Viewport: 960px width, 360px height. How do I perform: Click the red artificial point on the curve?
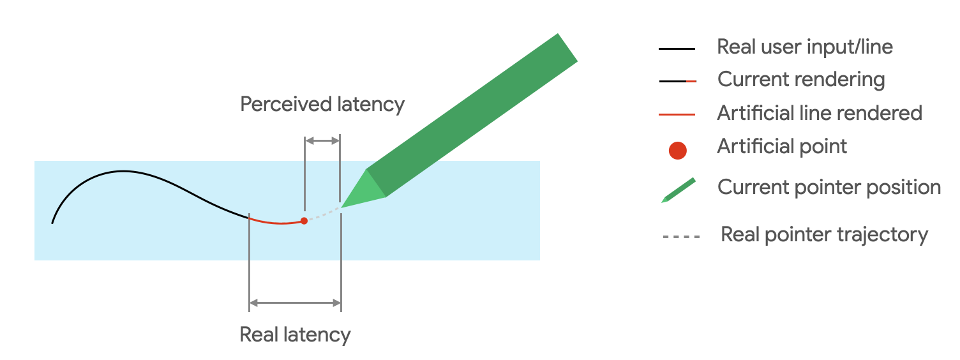point(304,221)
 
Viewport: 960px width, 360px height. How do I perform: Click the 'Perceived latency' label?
point(322,104)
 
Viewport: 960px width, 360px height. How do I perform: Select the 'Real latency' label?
point(295,334)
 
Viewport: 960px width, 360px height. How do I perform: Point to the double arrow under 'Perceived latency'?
point(322,140)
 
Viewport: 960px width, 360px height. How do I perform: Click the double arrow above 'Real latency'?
point(295,303)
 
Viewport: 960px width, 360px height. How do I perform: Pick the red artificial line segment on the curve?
point(274,222)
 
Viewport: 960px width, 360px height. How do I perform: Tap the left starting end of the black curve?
point(52,222)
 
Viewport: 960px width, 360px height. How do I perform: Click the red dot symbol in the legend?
point(677,151)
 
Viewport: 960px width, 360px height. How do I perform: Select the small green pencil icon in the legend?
point(678,190)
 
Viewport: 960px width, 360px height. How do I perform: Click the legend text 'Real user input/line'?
point(804,47)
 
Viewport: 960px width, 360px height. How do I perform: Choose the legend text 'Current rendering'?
point(801,80)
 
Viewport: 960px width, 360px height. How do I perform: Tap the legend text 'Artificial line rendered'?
point(820,113)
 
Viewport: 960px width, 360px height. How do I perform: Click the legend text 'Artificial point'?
point(782,146)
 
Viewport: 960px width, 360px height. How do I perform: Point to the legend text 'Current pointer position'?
point(829,187)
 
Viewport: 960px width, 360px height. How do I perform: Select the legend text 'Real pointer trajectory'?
point(824,234)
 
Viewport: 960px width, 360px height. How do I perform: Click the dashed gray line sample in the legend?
point(680,237)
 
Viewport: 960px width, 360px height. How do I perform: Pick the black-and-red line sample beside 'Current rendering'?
point(677,82)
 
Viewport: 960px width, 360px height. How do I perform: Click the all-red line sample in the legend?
point(677,115)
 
